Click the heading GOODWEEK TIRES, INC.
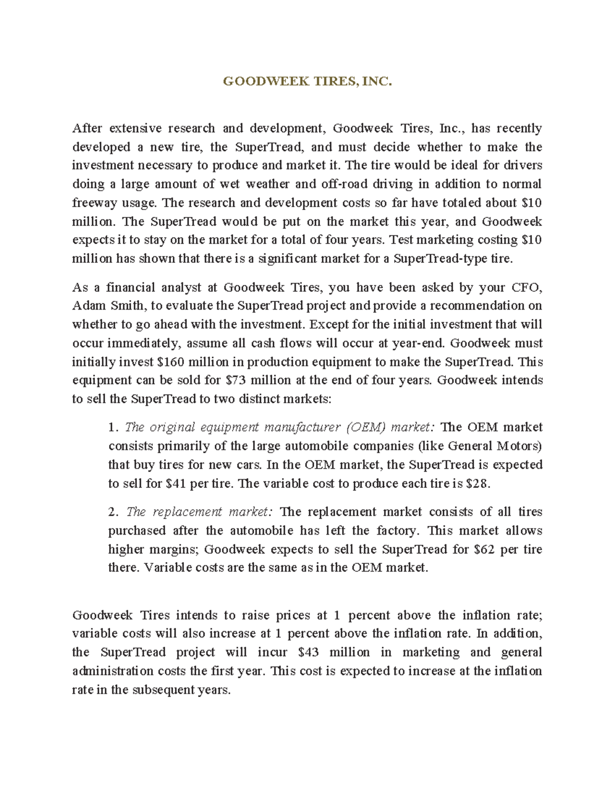pos(307,81)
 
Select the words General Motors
pos(494,446)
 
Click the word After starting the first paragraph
pos(87,128)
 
